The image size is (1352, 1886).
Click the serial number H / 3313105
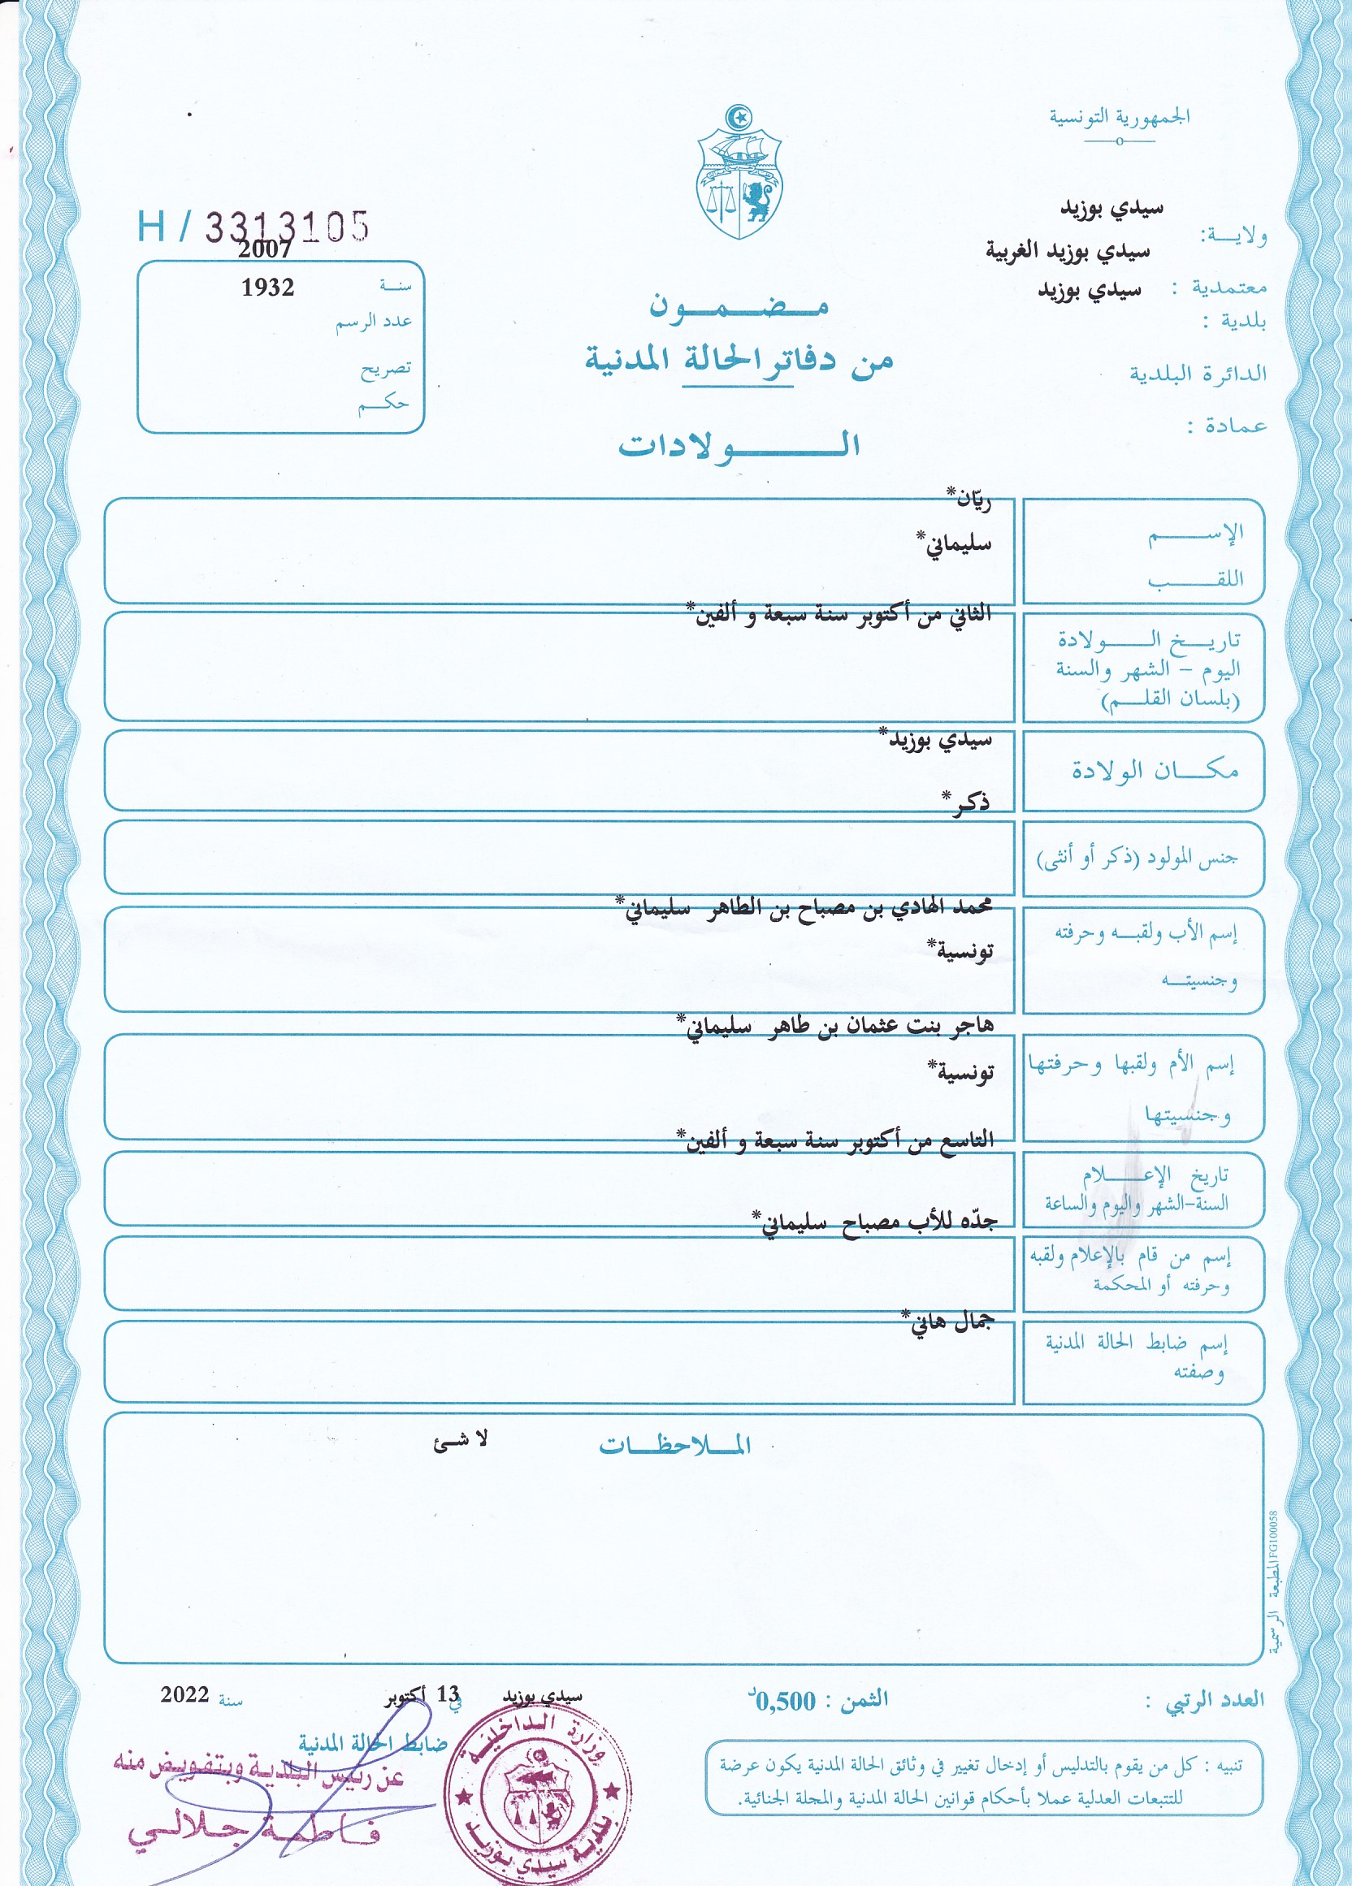[253, 226]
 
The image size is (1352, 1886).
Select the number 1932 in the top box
[267, 288]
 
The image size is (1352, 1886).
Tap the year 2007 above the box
[265, 249]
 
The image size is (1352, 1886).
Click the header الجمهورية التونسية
[1119, 117]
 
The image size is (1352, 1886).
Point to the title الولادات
[738, 445]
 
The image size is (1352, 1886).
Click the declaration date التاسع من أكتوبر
[836, 1140]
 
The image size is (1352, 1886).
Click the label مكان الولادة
[1154, 771]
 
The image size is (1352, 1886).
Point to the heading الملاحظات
[674, 1446]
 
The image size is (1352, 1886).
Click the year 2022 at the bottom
[184, 1695]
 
